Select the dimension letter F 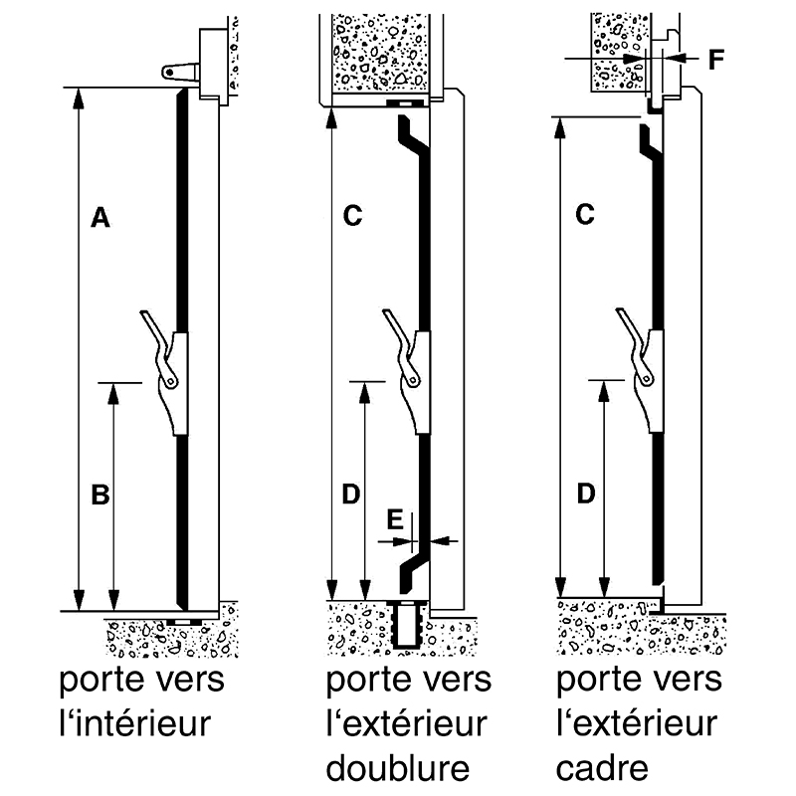coord(716,59)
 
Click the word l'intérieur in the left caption coord(134,722)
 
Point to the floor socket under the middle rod coord(409,625)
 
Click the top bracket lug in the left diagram coord(178,71)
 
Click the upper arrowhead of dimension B coord(114,389)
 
